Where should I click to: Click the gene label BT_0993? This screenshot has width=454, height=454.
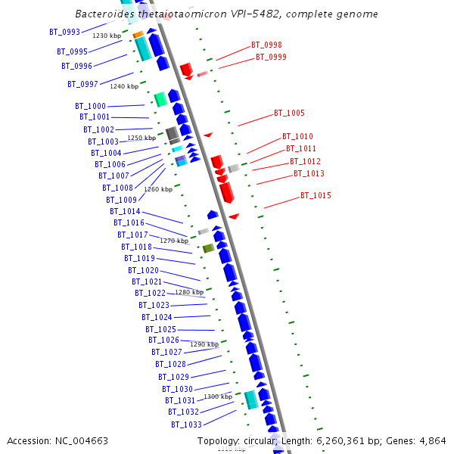(64, 32)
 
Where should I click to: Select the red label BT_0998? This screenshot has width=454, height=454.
(266, 45)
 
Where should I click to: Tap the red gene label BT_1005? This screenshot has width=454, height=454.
(289, 113)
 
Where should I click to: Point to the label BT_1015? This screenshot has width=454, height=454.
(316, 196)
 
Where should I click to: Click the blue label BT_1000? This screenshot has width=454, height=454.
(90, 106)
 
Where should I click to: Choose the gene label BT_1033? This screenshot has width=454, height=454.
(186, 424)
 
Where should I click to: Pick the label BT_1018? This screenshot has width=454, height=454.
(136, 247)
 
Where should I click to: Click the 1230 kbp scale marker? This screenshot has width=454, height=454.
(107, 36)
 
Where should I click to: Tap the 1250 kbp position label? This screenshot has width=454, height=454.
(141, 138)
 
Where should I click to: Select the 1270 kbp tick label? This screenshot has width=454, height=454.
(174, 241)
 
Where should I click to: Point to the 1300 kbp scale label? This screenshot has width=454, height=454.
(218, 396)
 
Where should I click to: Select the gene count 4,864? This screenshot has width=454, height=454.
(431, 441)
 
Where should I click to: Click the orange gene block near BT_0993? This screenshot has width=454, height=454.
(138, 35)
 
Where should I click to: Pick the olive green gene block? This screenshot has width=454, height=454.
(208, 248)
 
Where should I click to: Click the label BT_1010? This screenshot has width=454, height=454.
(297, 137)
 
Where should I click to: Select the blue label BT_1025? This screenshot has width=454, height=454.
(160, 329)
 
